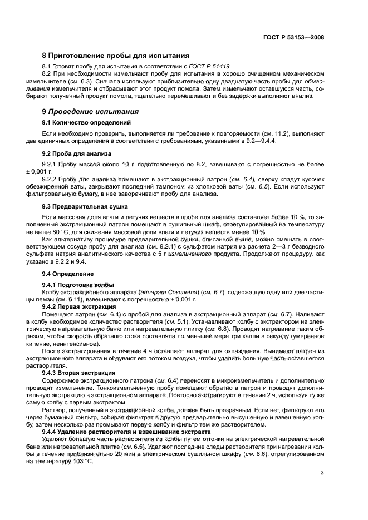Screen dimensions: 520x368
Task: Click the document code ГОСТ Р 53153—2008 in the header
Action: (293, 38)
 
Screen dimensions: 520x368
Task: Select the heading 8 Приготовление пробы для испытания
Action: (116, 56)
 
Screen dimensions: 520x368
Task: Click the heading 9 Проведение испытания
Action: (91, 111)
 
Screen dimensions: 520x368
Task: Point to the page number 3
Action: (322, 473)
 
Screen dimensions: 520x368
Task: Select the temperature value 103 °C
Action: (82, 462)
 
